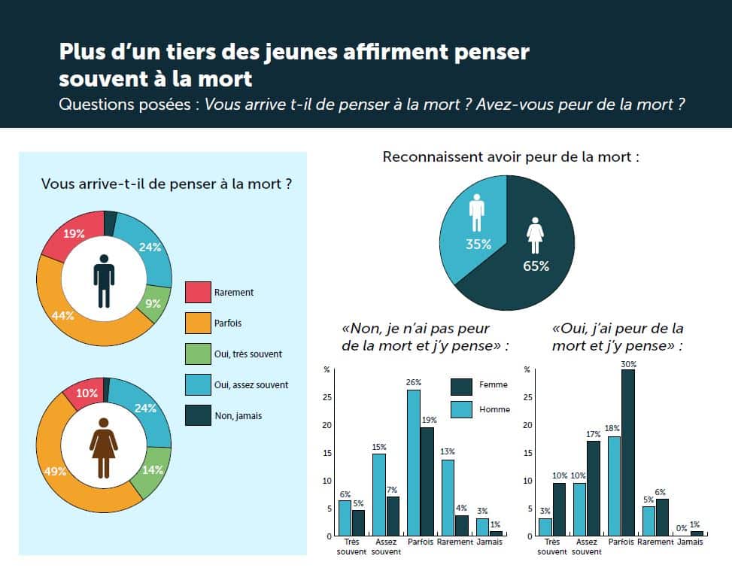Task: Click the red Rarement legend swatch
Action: coord(198,293)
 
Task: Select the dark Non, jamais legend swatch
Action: coord(198,416)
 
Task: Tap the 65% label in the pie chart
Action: coord(536,266)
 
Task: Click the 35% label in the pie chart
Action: coord(478,244)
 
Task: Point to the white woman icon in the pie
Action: coord(536,235)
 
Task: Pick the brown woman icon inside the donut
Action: coord(104,443)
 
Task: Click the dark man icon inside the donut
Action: coord(104,280)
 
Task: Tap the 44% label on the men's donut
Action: coord(63,316)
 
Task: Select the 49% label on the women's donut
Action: coord(56,472)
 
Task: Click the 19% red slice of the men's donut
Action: coord(74,234)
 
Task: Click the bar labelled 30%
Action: coord(628,452)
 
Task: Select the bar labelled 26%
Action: coord(414,463)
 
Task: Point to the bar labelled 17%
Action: coord(594,488)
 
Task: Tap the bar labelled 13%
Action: coord(448,497)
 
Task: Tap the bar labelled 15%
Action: coord(379,494)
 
